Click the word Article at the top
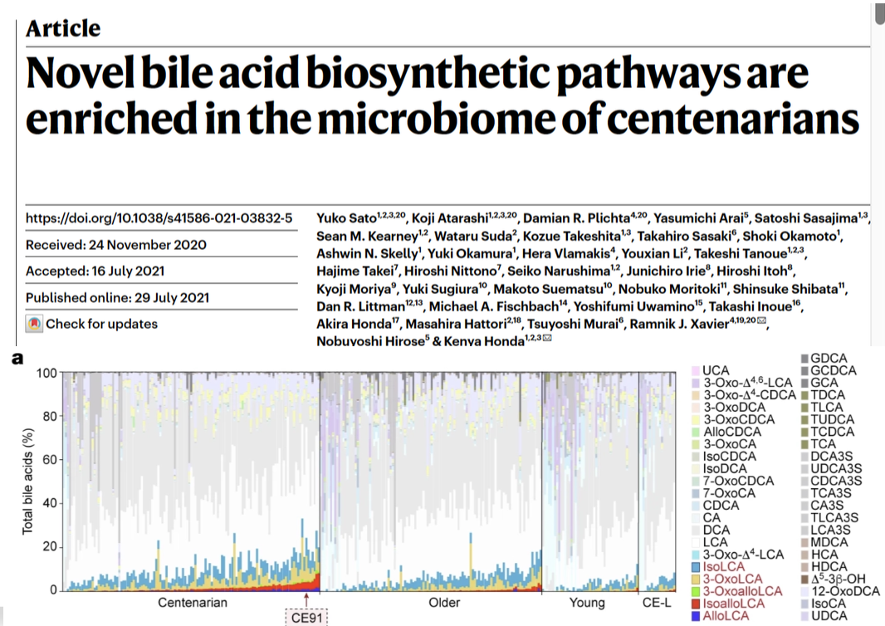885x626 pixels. click(x=63, y=27)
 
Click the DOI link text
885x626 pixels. click(x=159, y=219)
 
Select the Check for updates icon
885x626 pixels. click(x=34, y=324)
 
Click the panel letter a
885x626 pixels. click(x=16, y=358)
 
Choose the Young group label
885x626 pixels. click(x=587, y=602)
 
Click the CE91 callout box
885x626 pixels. click(x=307, y=617)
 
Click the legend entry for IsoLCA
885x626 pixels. click(x=725, y=567)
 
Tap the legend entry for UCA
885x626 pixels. click(x=716, y=370)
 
